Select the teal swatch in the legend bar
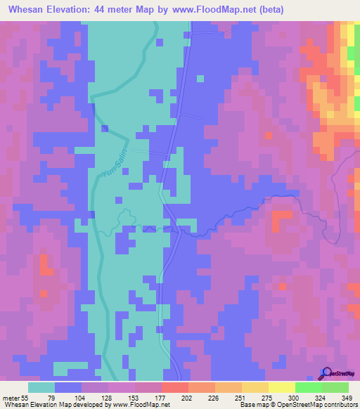[x=41, y=387]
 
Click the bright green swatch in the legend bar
[x=308, y=387]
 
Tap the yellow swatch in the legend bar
[x=281, y=387]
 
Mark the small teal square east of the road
[x=200, y=79]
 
